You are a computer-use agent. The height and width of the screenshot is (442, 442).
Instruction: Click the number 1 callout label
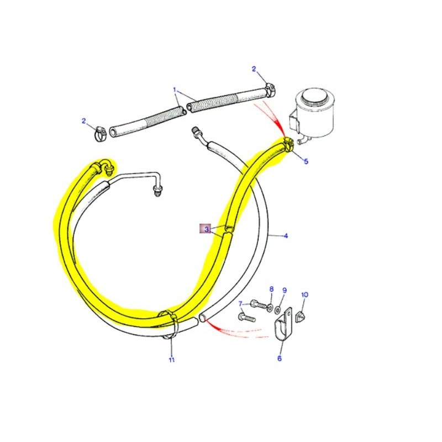[x=174, y=89]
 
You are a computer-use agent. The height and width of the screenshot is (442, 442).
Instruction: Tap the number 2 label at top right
[x=254, y=69]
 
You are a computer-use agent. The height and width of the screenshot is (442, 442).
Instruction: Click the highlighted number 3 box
[x=206, y=228]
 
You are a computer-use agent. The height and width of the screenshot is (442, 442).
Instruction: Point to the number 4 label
[x=286, y=236]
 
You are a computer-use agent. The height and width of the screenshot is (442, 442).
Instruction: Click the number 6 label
[x=280, y=359]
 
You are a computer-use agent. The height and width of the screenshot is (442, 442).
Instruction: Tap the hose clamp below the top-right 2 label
[x=270, y=87]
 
